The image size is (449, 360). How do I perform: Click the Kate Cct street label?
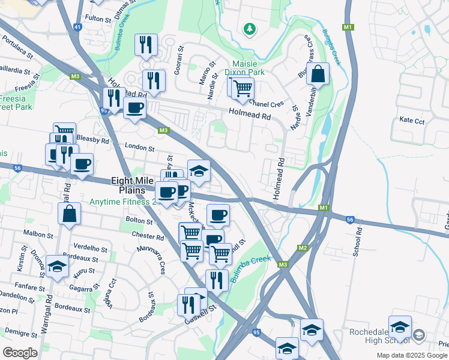[412, 121]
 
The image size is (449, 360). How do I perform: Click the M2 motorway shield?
[303, 248]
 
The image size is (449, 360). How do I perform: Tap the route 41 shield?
[77, 27]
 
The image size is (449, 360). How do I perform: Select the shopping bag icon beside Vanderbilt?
[318, 74]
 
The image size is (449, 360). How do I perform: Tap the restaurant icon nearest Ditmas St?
[146, 44]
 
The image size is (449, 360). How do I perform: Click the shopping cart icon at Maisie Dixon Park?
[243, 88]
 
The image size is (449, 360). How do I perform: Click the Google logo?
[20, 353]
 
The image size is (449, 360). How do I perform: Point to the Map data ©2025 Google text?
[411, 355]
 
